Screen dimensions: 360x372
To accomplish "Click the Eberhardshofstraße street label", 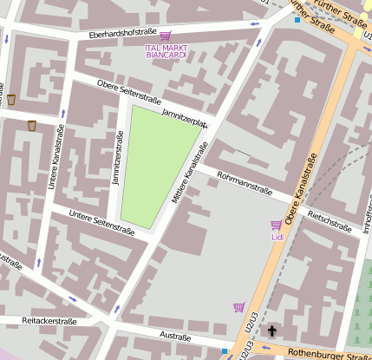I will pyautogui.click(x=122, y=33).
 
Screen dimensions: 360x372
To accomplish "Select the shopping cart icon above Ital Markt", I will pyautogui.click(x=165, y=36).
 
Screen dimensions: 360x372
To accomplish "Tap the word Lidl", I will pyautogui.click(x=277, y=237).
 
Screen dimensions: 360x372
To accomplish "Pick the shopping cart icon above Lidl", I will pyautogui.click(x=276, y=226).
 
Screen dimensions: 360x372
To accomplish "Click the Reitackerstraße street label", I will pyautogui.click(x=49, y=321).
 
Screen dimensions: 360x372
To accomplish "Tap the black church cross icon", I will pyautogui.click(x=271, y=331).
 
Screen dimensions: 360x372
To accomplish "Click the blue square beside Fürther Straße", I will pyautogui.click(x=297, y=19).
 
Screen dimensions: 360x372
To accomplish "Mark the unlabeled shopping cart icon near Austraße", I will pyautogui.click(x=238, y=307).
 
